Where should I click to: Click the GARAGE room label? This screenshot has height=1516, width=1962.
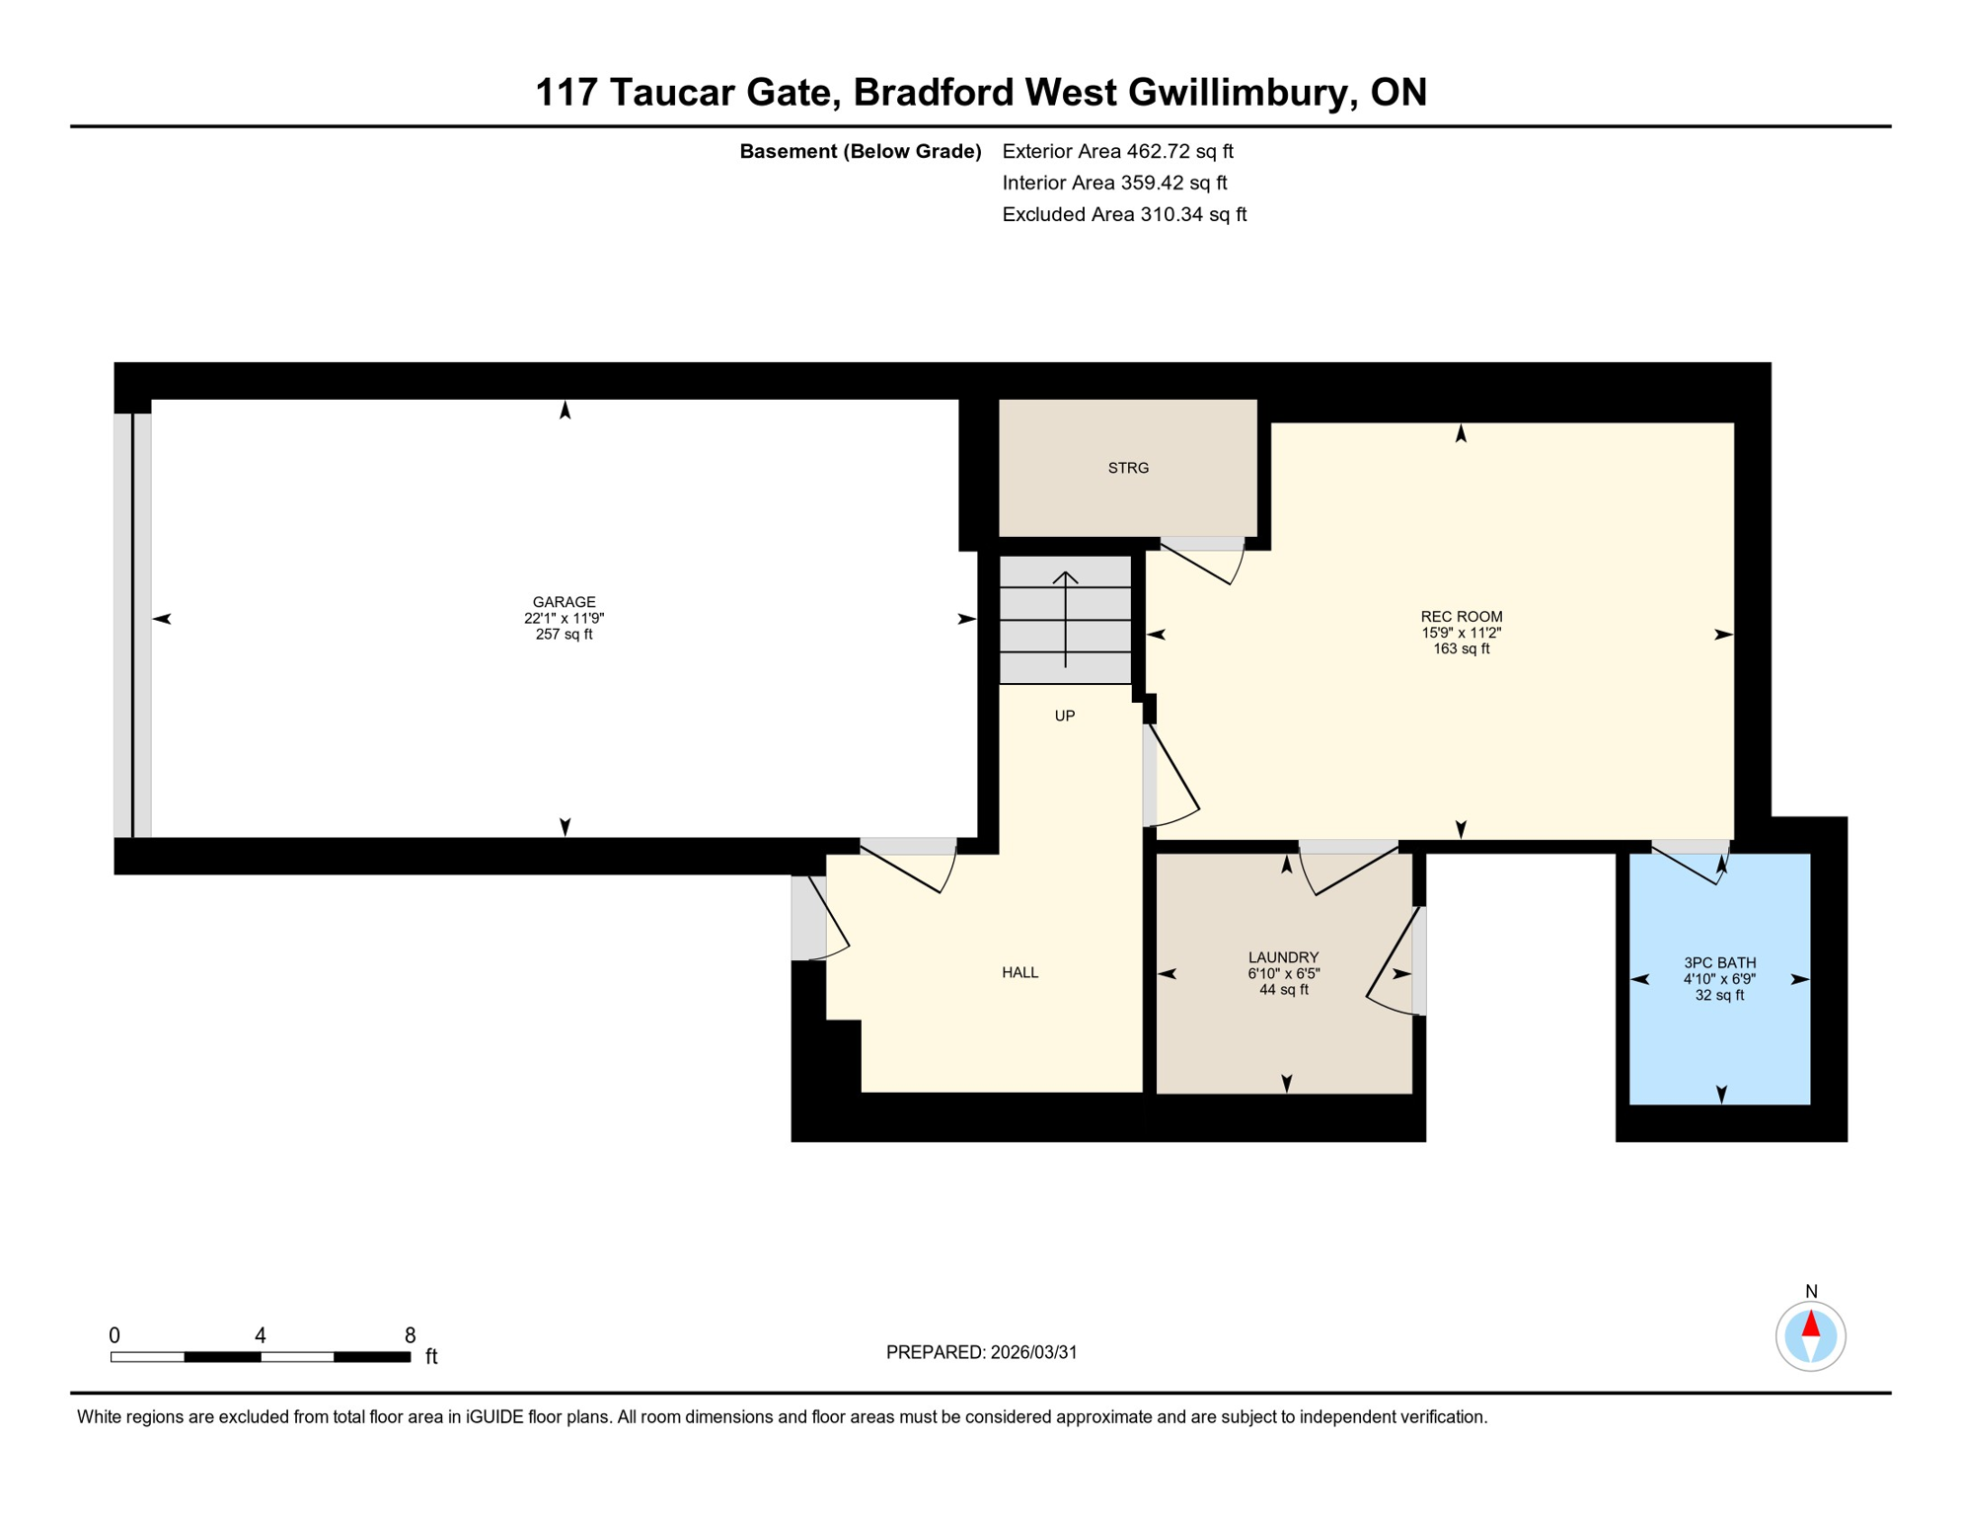point(564,602)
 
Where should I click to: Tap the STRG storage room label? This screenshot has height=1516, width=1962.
point(1128,468)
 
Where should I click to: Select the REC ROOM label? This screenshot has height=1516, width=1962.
point(1461,617)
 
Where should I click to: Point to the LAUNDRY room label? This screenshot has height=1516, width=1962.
point(1283,957)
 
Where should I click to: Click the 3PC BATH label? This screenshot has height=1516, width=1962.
point(1719,963)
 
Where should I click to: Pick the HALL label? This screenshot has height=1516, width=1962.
point(1019,973)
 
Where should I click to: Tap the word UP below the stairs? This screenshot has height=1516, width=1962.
point(1064,717)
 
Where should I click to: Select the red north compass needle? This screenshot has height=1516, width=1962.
point(1810,1324)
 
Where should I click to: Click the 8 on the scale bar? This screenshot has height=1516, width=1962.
point(410,1335)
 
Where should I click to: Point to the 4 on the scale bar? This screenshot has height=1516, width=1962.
point(261,1335)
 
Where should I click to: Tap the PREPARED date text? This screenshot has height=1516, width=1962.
point(981,1352)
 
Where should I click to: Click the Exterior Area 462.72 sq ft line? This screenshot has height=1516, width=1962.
point(1117,151)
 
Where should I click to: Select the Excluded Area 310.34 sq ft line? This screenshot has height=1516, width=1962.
point(1124,214)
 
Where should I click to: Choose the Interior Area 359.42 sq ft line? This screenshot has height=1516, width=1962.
point(1114,183)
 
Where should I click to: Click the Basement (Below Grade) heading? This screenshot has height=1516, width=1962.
point(860,151)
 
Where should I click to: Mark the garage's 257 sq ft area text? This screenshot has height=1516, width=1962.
point(564,635)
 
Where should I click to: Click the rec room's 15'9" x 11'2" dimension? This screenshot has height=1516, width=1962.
point(1461,633)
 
